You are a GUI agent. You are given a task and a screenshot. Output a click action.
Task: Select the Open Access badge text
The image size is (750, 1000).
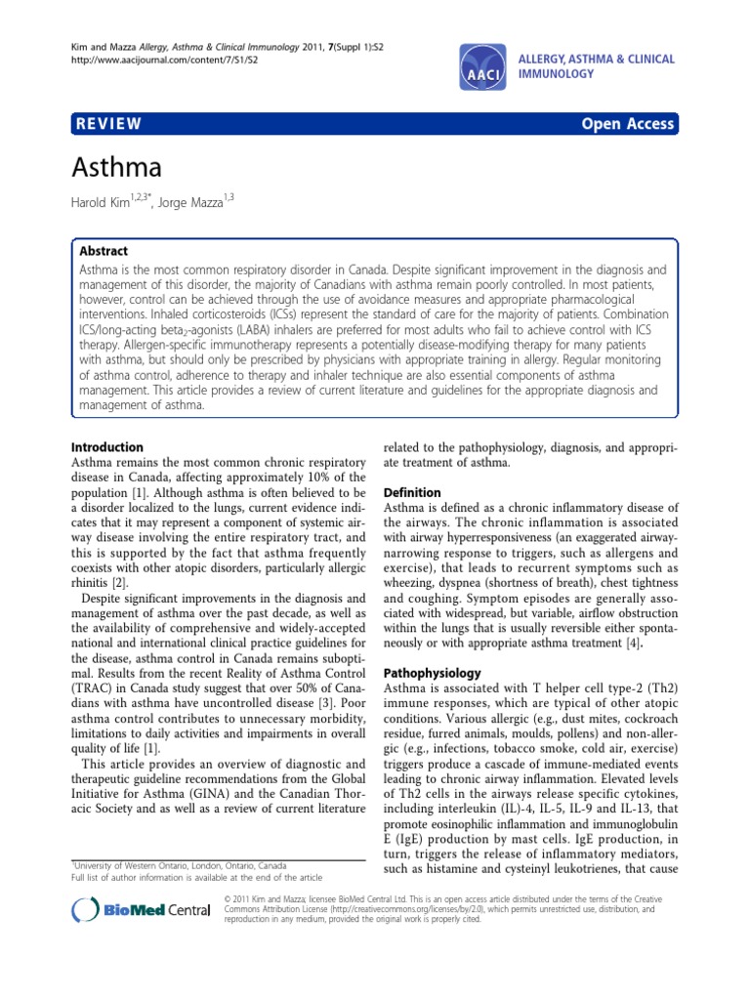pyautogui.click(x=628, y=123)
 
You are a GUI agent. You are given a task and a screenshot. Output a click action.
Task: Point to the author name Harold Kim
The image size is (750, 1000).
pyautogui.click(x=106, y=202)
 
